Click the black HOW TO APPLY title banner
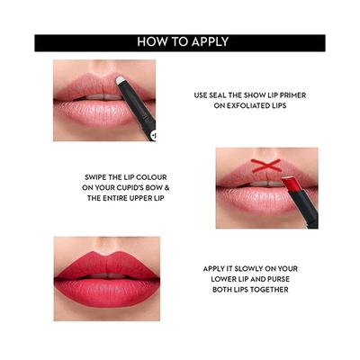click(x=180, y=42)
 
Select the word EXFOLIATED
click(x=249, y=106)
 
